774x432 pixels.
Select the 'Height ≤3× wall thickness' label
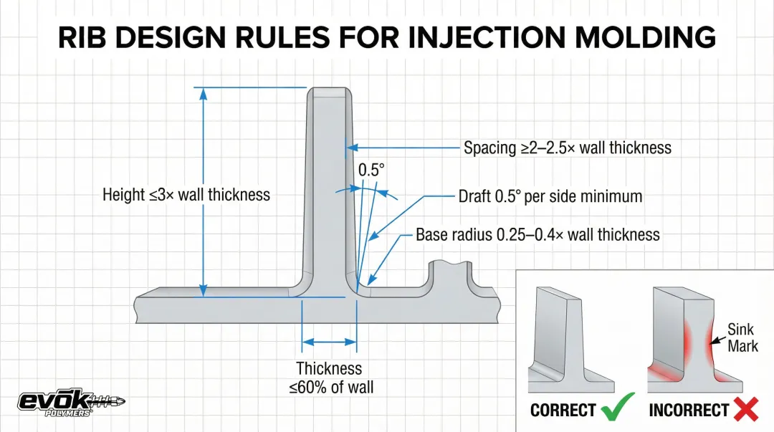[186, 194]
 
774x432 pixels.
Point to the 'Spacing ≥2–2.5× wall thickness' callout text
[567, 148]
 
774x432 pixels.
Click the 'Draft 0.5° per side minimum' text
[550, 196]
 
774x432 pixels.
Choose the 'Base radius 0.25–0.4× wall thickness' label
[537, 235]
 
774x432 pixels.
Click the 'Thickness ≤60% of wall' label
[330, 378]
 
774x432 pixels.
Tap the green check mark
[617, 409]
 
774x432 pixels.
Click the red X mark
[746, 409]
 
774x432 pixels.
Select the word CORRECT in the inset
[563, 411]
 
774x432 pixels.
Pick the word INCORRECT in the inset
[689, 411]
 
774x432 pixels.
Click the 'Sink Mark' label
[742, 338]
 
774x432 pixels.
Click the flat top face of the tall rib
[329, 93]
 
